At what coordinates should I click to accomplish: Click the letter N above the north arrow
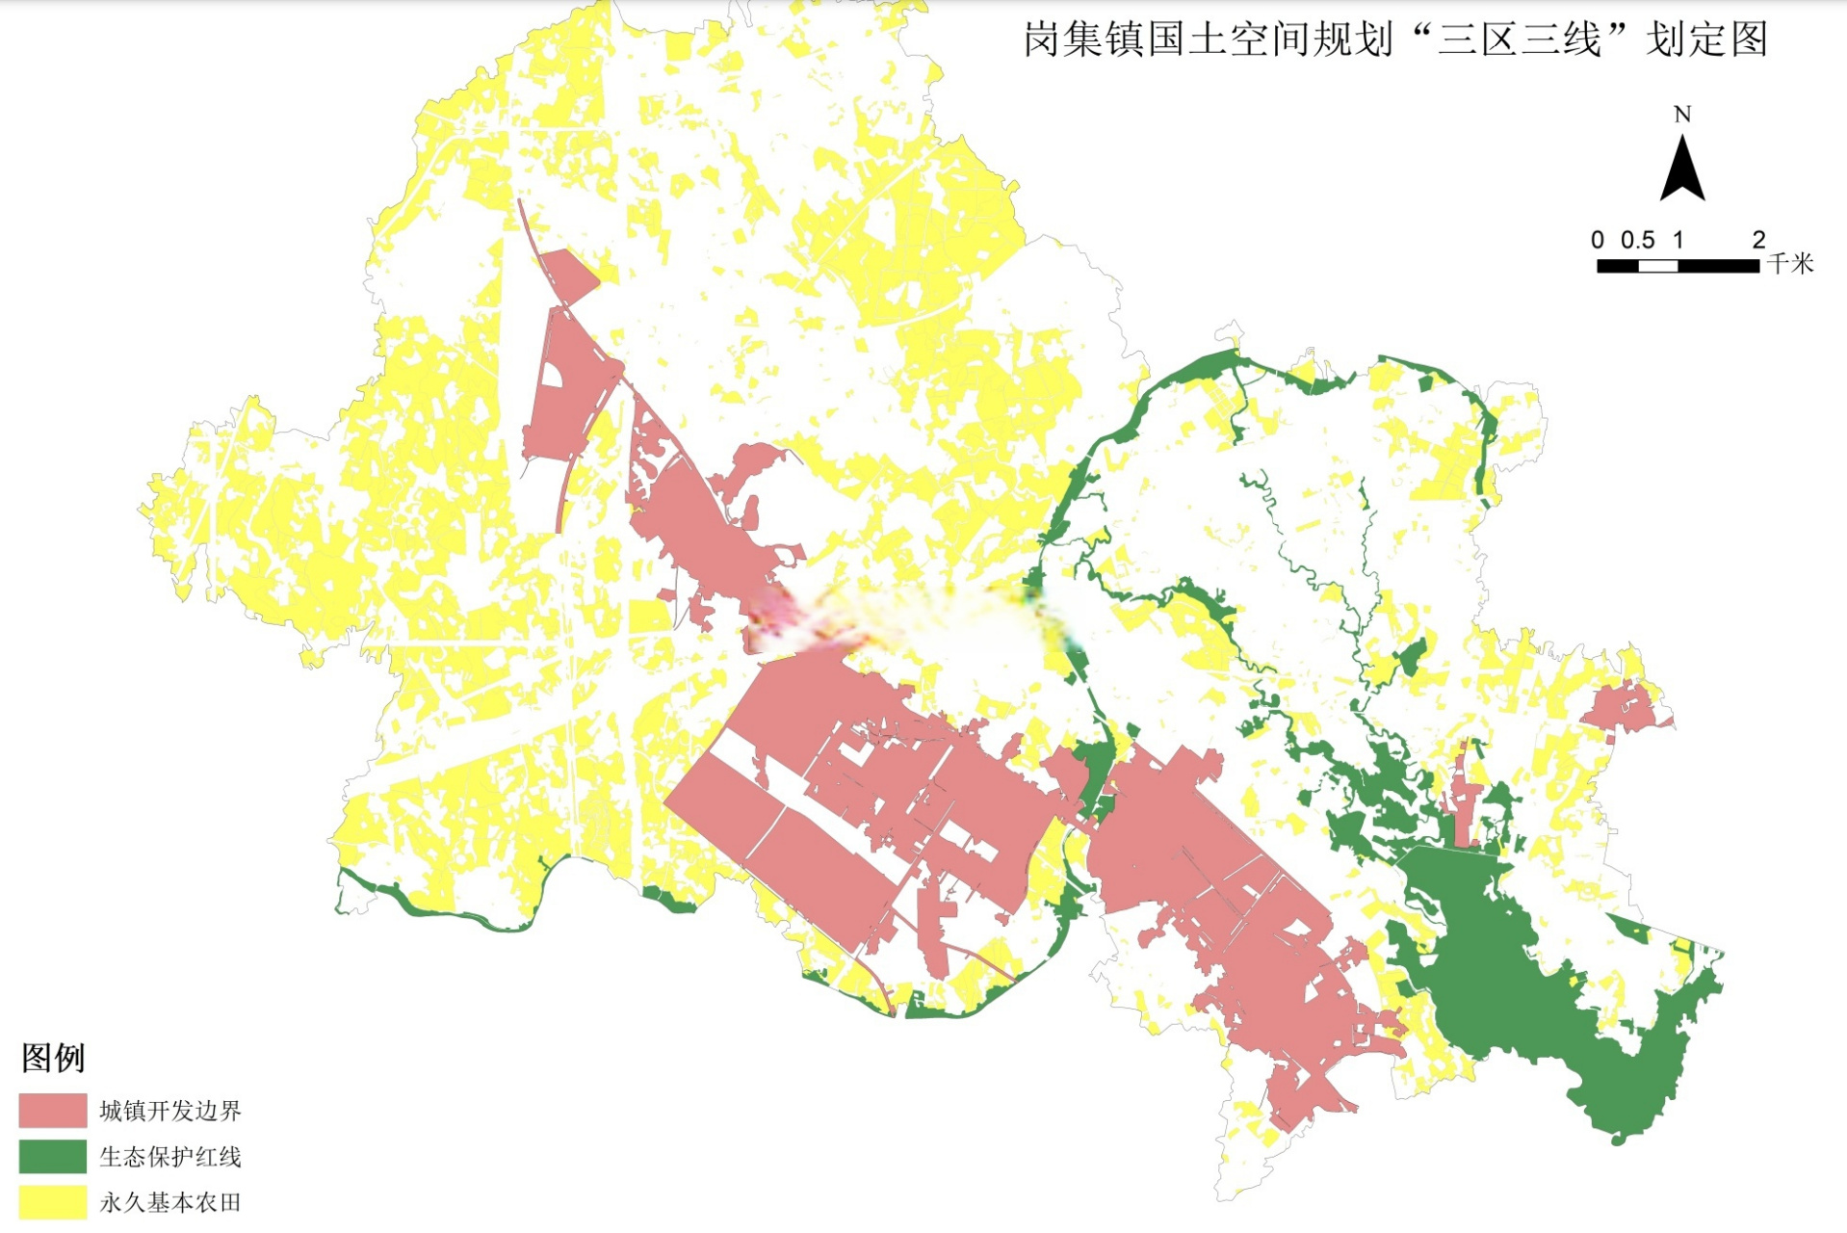click(x=1682, y=115)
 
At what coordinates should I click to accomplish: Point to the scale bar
click(x=1678, y=266)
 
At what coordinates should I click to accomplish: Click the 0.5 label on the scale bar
click(x=1637, y=240)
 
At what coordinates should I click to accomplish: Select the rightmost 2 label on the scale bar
click(x=1758, y=240)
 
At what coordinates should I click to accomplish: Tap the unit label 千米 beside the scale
click(x=1791, y=264)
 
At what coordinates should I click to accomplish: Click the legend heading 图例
click(x=53, y=1058)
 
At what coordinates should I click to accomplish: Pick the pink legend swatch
click(x=53, y=1111)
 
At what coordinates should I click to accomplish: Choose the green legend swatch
click(x=53, y=1156)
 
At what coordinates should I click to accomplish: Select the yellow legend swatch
click(x=53, y=1202)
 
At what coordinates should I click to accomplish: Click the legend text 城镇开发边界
click(x=170, y=1111)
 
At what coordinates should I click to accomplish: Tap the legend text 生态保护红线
click(x=170, y=1157)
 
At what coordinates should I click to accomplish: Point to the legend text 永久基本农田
click(x=170, y=1202)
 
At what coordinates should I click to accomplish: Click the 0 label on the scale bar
click(x=1598, y=240)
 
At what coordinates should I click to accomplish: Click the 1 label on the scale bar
click(x=1678, y=240)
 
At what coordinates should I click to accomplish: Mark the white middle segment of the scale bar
click(x=1658, y=266)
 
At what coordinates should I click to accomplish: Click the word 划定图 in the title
click(x=1706, y=40)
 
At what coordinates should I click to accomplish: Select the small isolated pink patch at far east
click(x=1624, y=709)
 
